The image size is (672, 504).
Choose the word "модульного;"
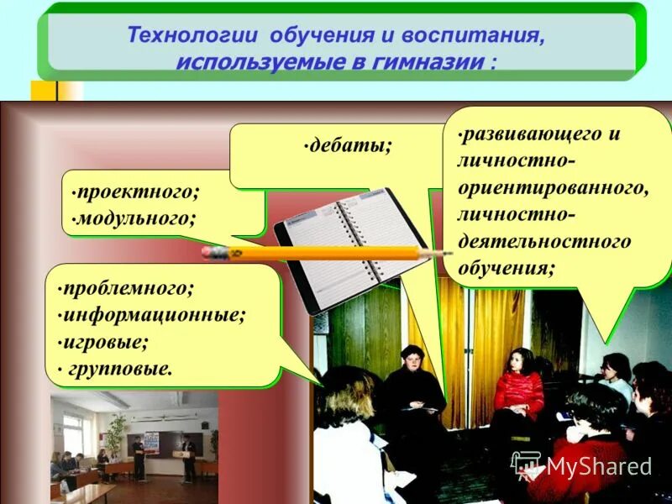(134, 219)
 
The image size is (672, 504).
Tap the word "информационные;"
(154, 315)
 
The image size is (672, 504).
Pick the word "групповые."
(119, 368)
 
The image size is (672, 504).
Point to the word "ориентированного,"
(554, 187)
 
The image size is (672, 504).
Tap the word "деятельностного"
(543, 242)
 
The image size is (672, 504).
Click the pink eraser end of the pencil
(214, 252)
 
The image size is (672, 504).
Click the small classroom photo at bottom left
(134, 445)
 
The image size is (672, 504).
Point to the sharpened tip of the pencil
(449, 252)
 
